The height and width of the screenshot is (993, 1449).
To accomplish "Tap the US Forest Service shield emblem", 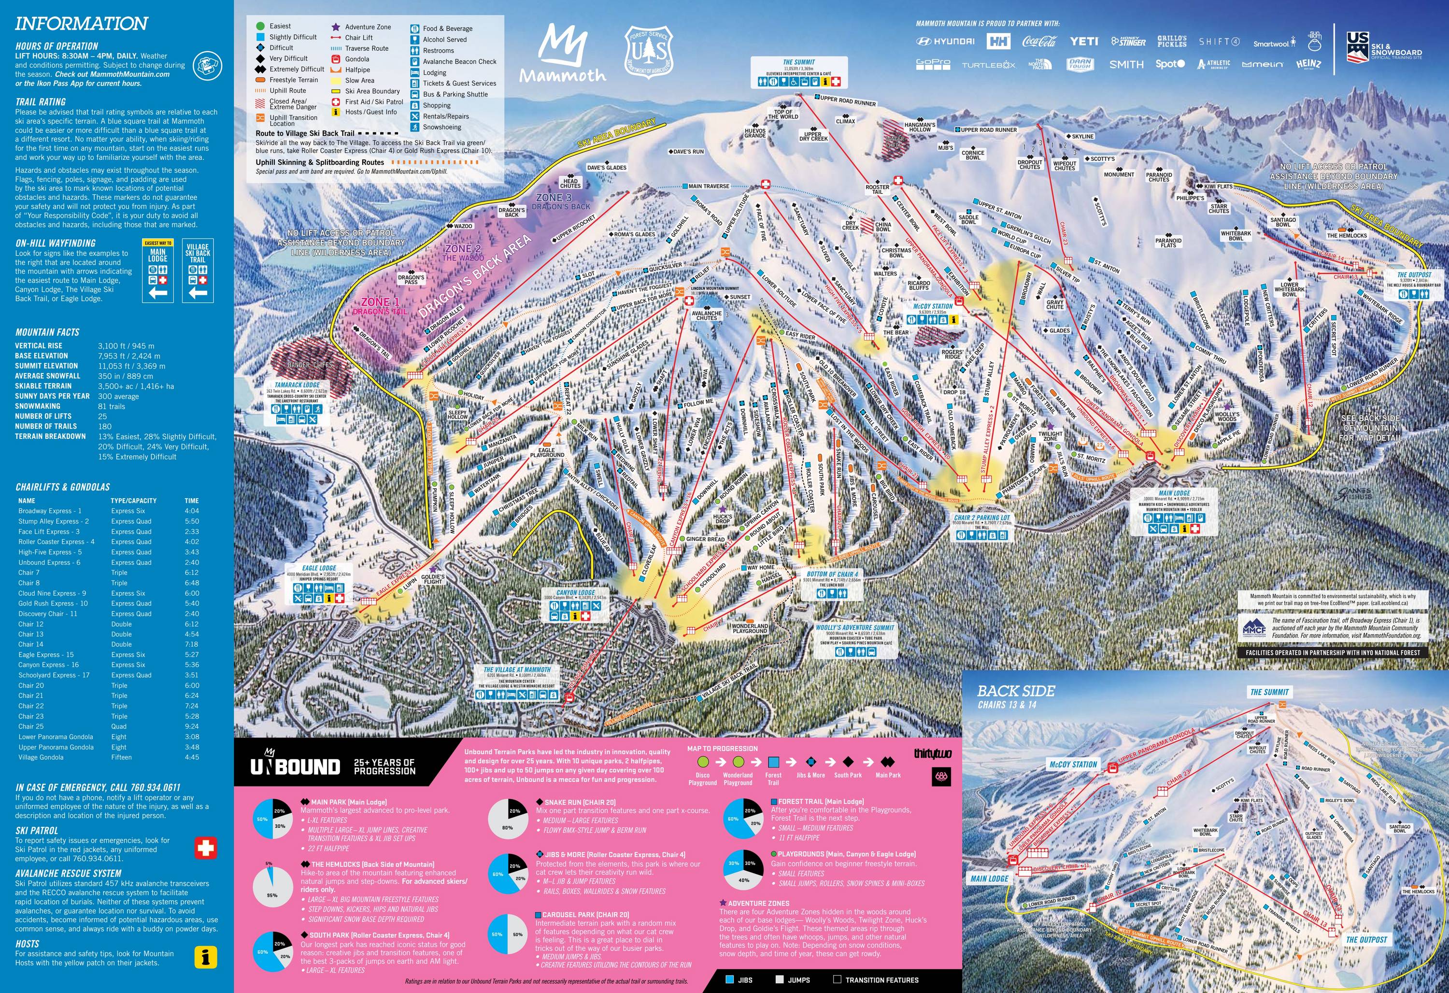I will pos(650,54).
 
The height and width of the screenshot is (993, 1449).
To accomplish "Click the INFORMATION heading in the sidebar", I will pos(81,24).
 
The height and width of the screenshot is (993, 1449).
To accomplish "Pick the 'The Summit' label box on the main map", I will pos(799,62).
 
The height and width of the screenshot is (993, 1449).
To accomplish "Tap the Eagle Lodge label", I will pos(319,568).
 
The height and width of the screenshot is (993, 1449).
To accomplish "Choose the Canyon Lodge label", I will pos(575,592).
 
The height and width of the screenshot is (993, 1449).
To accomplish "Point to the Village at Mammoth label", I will pos(517,669).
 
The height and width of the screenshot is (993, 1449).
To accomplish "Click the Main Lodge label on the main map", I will pos(1174,493).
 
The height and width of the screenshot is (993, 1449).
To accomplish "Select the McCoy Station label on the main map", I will pos(933,306).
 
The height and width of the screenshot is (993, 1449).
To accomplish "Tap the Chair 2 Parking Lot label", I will pos(982,517).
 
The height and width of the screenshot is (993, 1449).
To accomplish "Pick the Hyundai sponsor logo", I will pos(945,42).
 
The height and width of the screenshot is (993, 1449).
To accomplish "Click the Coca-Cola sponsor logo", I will pos(1039,42).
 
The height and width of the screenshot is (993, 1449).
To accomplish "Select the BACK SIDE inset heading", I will pos(1016,691).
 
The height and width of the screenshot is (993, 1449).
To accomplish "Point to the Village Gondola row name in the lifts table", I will pos(41,757).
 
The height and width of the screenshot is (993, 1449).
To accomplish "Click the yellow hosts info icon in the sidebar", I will pos(206,957).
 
